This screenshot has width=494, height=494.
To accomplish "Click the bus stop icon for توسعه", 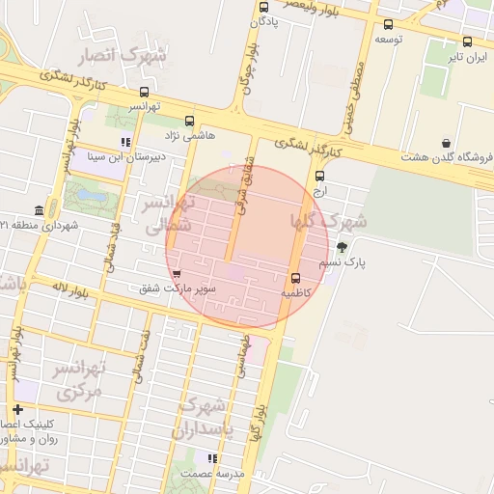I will point(388,25).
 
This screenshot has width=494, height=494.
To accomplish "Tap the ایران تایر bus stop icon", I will point(468,41).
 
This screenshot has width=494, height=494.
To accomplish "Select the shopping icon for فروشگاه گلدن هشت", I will point(446,144).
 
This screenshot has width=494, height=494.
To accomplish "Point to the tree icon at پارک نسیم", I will point(342,247).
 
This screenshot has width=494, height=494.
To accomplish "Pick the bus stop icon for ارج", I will point(320,176).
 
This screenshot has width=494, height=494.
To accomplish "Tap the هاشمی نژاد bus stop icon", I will point(189,123).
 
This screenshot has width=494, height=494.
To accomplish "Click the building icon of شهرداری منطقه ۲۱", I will point(40,211).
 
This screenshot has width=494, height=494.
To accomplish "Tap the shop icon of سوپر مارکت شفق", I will point(176,274).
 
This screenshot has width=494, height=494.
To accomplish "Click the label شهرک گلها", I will point(328,221).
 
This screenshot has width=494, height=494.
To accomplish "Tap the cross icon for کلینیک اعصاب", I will point(18,410).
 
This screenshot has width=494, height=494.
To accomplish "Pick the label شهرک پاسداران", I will point(203,418).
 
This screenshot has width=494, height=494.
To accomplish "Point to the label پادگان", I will point(264,19).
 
